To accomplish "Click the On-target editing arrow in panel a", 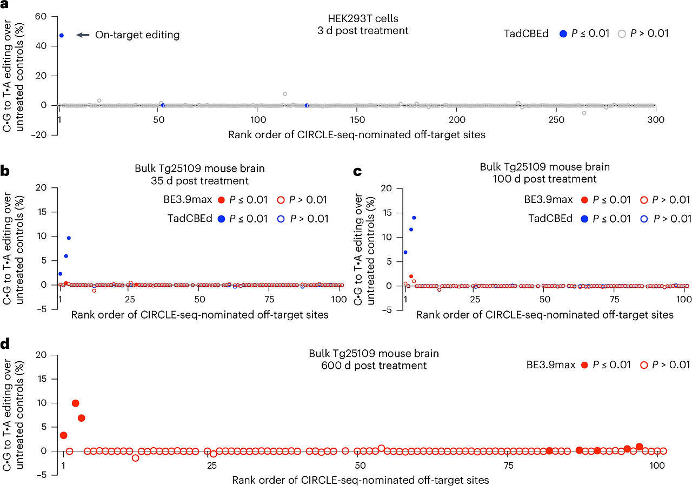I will coord(83,35).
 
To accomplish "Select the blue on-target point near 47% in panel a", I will coord(62,35).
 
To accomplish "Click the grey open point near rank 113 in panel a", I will coord(285,94).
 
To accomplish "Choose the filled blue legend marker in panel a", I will coord(563,34).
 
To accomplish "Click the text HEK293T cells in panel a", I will coord(362,19).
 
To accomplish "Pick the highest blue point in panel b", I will coord(69,238).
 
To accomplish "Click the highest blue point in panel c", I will coord(414,218).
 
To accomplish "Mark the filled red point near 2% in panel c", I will coord(411,276).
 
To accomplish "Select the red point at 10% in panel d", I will coord(76,403).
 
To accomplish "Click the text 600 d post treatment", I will coord(374,366).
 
